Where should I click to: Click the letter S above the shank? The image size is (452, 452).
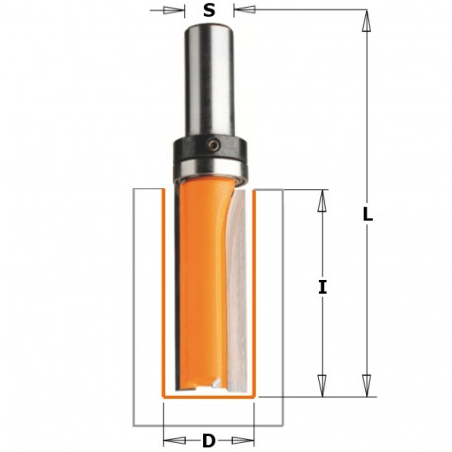tap(209, 13)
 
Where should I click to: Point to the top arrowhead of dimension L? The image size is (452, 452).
tap(366, 18)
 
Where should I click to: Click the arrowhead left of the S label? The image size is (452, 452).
tap(180, 13)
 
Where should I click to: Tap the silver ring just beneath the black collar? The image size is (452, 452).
tap(209, 171)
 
